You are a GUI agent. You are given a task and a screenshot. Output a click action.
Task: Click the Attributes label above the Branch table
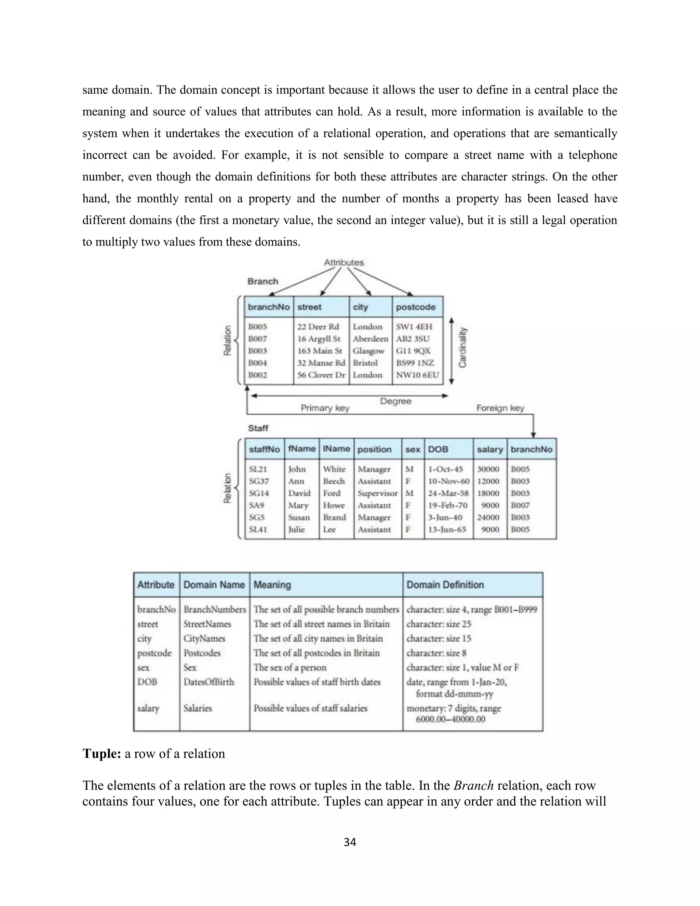[344, 263]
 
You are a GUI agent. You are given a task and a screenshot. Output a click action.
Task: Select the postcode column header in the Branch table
[416, 307]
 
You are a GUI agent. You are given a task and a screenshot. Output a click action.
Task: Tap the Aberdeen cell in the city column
[370, 339]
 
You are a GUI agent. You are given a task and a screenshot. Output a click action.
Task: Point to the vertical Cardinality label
[463, 348]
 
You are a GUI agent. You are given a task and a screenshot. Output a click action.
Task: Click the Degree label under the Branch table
[395, 401]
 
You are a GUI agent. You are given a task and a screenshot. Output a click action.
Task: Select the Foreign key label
[500, 408]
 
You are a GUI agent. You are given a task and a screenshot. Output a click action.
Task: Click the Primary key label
[325, 408]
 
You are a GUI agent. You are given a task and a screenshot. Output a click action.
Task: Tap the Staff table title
[258, 428]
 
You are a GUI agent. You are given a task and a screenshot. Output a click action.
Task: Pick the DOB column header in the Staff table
[438, 450]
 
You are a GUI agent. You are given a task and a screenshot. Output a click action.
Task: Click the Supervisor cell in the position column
[377, 494]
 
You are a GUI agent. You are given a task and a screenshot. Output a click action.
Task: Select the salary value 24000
[488, 518]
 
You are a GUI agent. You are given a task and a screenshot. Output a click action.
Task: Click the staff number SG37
[259, 482]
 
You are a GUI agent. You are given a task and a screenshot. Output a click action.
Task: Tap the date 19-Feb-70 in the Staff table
[448, 506]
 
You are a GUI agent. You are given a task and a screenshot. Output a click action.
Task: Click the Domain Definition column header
[445, 585]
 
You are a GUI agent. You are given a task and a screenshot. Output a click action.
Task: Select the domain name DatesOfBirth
[208, 682]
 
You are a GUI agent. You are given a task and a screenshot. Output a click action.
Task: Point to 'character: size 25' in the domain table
[439, 624]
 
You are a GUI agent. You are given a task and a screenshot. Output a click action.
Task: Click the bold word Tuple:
[102, 754]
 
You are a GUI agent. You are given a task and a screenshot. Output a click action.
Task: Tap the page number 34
[350, 842]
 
